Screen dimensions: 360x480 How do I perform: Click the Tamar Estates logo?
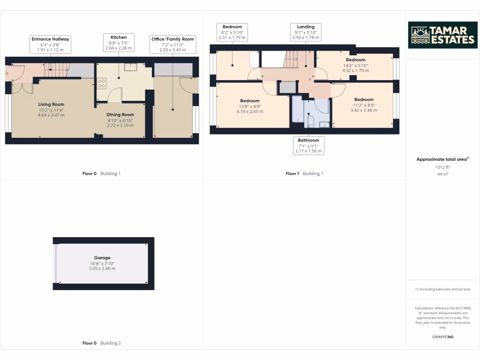click(442, 35)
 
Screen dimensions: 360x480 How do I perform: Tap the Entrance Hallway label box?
click(50, 44)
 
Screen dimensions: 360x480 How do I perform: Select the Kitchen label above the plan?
click(119, 42)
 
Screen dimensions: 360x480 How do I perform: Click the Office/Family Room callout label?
click(172, 44)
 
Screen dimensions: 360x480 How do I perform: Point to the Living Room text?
click(51, 105)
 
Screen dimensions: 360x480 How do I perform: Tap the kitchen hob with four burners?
click(101, 83)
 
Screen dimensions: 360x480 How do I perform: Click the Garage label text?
click(102, 258)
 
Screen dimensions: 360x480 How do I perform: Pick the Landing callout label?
click(306, 32)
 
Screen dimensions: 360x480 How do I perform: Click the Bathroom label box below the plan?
click(308, 145)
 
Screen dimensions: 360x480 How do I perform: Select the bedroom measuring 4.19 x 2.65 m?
click(250, 106)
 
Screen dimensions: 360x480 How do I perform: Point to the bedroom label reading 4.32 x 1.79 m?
click(356, 65)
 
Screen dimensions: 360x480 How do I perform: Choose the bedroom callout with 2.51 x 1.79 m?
click(232, 32)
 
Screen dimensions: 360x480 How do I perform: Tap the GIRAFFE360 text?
click(443, 337)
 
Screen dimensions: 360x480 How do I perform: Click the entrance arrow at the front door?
click(8, 73)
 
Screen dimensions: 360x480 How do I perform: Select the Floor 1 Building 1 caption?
click(304, 173)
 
